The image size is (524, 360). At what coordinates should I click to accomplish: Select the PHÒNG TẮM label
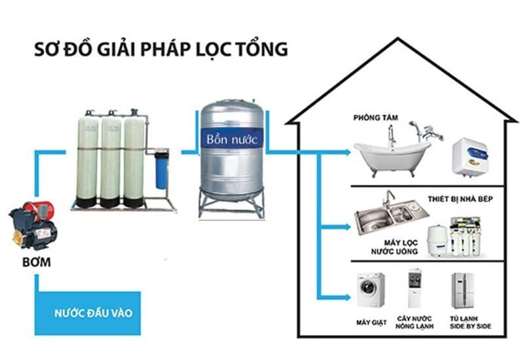[x=377, y=118]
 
